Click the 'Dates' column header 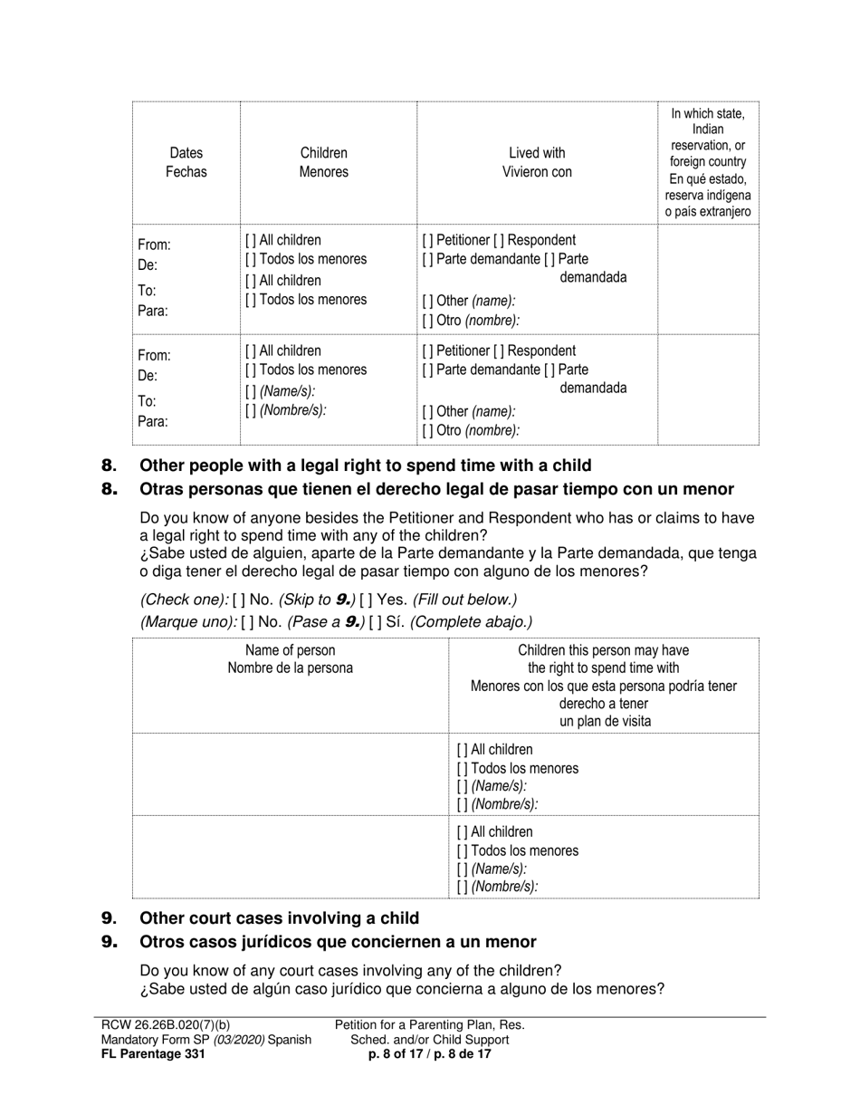186,153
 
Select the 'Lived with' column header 537,153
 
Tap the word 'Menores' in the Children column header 323,172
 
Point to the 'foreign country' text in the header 707,162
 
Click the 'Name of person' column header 290,650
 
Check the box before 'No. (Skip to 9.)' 239,600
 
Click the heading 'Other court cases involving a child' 279,917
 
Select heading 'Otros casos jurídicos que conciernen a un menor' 338,942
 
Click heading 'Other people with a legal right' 365,466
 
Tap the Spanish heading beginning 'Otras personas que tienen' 436,490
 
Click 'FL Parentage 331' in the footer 153,1054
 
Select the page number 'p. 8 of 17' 393,1054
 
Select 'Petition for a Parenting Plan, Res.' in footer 429,1025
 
